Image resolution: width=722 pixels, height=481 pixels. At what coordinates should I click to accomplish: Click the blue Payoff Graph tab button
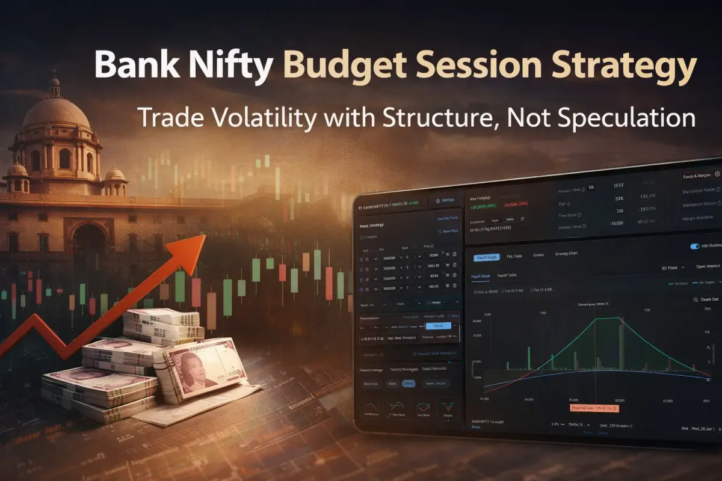click(x=486, y=257)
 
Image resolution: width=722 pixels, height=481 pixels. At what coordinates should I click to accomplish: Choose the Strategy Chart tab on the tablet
click(x=566, y=254)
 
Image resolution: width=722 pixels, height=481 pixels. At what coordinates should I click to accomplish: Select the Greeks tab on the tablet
click(x=538, y=255)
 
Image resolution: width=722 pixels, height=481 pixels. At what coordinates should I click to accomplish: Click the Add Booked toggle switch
click(x=696, y=246)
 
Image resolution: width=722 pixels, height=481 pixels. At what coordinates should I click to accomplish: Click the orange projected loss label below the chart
click(x=595, y=408)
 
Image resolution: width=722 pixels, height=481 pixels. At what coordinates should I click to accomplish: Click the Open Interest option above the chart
click(x=708, y=266)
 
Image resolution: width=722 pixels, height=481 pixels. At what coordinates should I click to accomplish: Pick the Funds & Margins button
click(x=697, y=176)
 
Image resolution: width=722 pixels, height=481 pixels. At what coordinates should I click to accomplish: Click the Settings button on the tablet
click(x=445, y=201)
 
